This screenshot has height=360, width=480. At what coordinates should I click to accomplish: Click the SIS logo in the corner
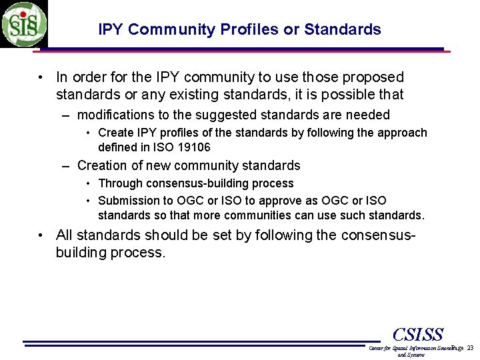pyautogui.click(x=24, y=24)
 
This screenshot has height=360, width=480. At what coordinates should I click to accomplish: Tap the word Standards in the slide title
pyautogui.click(x=343, y=29)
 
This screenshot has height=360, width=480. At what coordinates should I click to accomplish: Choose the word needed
pyautogui.click(x=367, y=115)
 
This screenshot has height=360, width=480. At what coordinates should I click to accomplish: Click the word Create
pyautogui.click(x=115, y=133)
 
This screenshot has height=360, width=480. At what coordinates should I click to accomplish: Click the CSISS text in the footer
pyautogui.click(x=418, y=335)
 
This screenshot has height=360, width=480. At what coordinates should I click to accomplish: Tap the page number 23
pyautogui.click(x=471, y=348)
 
